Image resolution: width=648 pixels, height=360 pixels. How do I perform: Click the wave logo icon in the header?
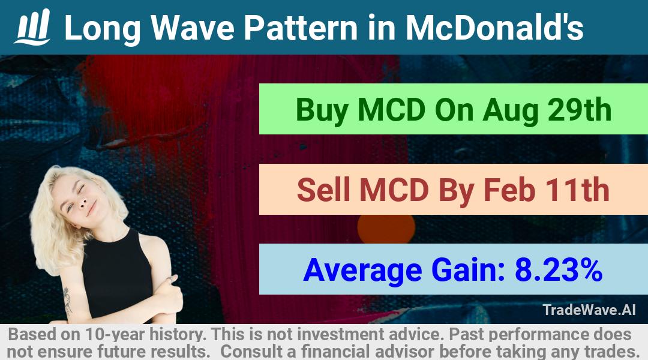tap(32, 27)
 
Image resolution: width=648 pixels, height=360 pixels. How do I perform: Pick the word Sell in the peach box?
tap(323, 190)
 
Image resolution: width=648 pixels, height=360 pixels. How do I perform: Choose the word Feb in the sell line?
tap(509, 190)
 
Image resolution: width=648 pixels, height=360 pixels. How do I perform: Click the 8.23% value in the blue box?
tap(559, 269)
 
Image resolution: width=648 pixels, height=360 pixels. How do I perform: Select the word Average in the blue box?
tap(362, 271)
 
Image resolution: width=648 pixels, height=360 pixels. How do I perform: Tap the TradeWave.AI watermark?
tap(589, 310)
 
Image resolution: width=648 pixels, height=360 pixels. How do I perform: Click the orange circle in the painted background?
tap(386, 228)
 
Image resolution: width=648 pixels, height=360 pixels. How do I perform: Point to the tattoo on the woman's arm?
tap(67, 300)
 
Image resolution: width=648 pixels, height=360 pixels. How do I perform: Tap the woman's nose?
tap(82, 201)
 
